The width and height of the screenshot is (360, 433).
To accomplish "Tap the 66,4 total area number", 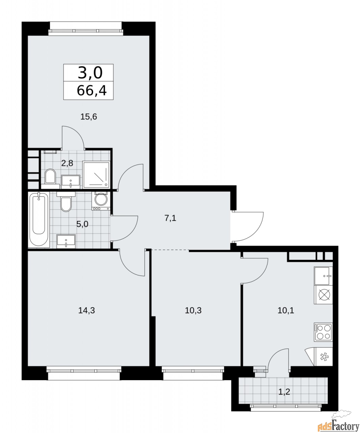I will pyautogui.click(x=92, y=91).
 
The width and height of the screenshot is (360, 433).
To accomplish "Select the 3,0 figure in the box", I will pyautogui.click(x=90, y=72).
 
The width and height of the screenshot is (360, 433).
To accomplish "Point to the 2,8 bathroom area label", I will pyautogui.click(x=67, y=163).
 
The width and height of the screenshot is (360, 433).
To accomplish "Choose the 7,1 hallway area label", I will pyautogui.click(x=171, y=218).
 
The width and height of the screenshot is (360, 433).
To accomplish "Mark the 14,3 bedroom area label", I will pyautogui.click(x=86, y=310).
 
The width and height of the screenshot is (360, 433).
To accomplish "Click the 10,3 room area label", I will pyautogui.click(x=193, y=310).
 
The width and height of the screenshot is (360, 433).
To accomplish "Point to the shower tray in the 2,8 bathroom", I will pyautogui.click(x=96, y=175).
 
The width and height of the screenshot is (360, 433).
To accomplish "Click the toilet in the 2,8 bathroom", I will pyautogui.click(x=51, y=177).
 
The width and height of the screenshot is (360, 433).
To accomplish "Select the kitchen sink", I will pyautogui.click(x=323, y=276).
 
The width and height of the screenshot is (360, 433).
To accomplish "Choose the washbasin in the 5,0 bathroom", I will pyautogui.click(x=66, y=241).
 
